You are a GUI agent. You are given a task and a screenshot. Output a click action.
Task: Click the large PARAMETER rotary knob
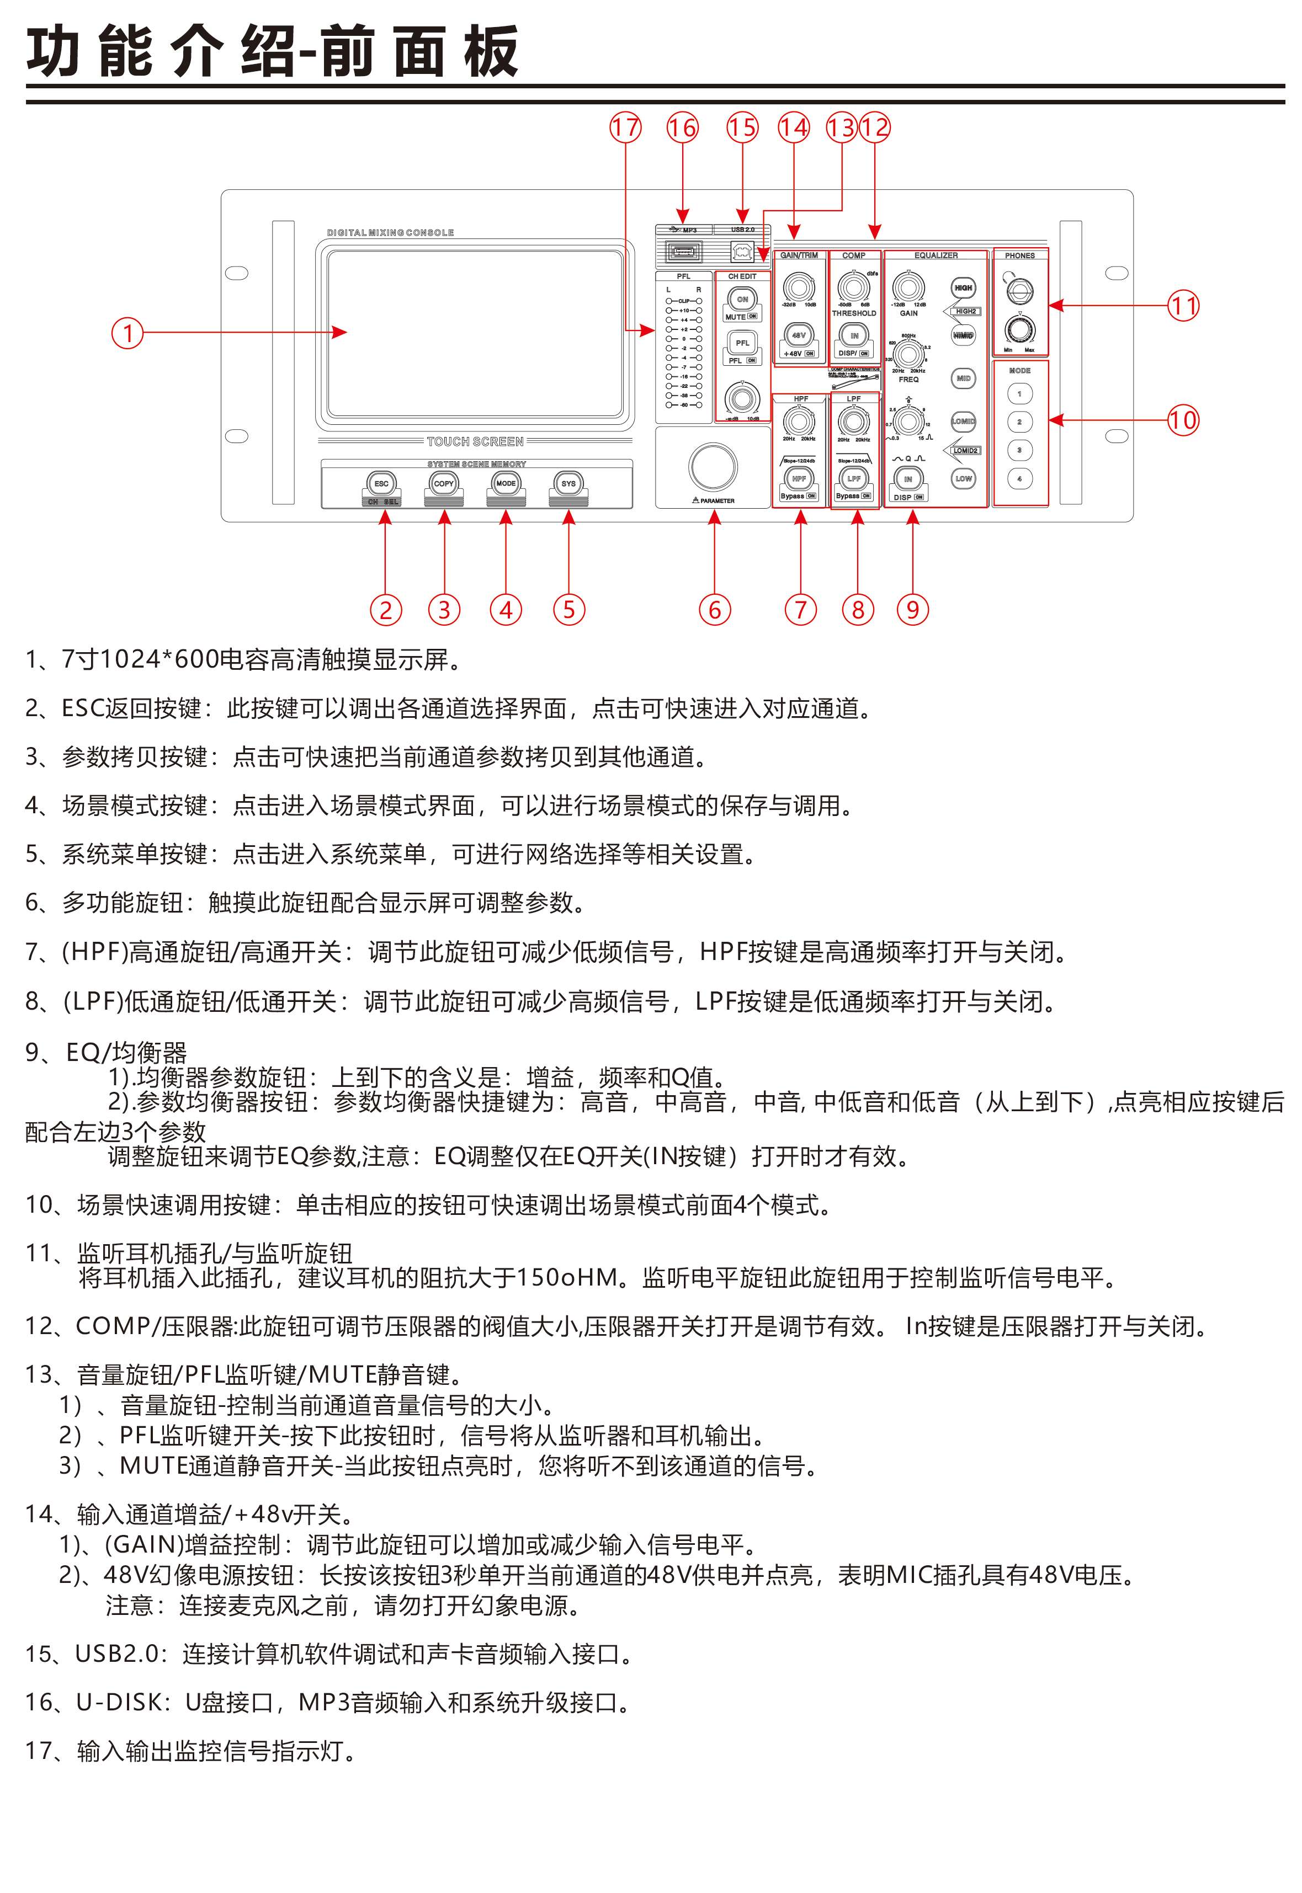[713, 467]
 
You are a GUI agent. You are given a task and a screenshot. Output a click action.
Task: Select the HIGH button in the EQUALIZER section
[964, 288]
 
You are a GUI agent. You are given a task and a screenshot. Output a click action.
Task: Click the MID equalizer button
[964, 378]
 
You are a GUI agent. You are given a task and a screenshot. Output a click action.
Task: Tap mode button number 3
[1019, 450]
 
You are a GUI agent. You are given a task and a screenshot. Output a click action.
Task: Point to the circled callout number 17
[626, 127]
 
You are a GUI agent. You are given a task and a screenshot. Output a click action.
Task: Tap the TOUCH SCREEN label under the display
[475, 441]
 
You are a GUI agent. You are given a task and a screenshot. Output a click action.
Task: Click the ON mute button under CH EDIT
[742, 300]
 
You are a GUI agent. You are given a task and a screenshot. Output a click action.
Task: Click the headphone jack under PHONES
[1019, 290]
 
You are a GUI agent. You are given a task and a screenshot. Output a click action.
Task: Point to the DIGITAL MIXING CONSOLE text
[390, 232]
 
